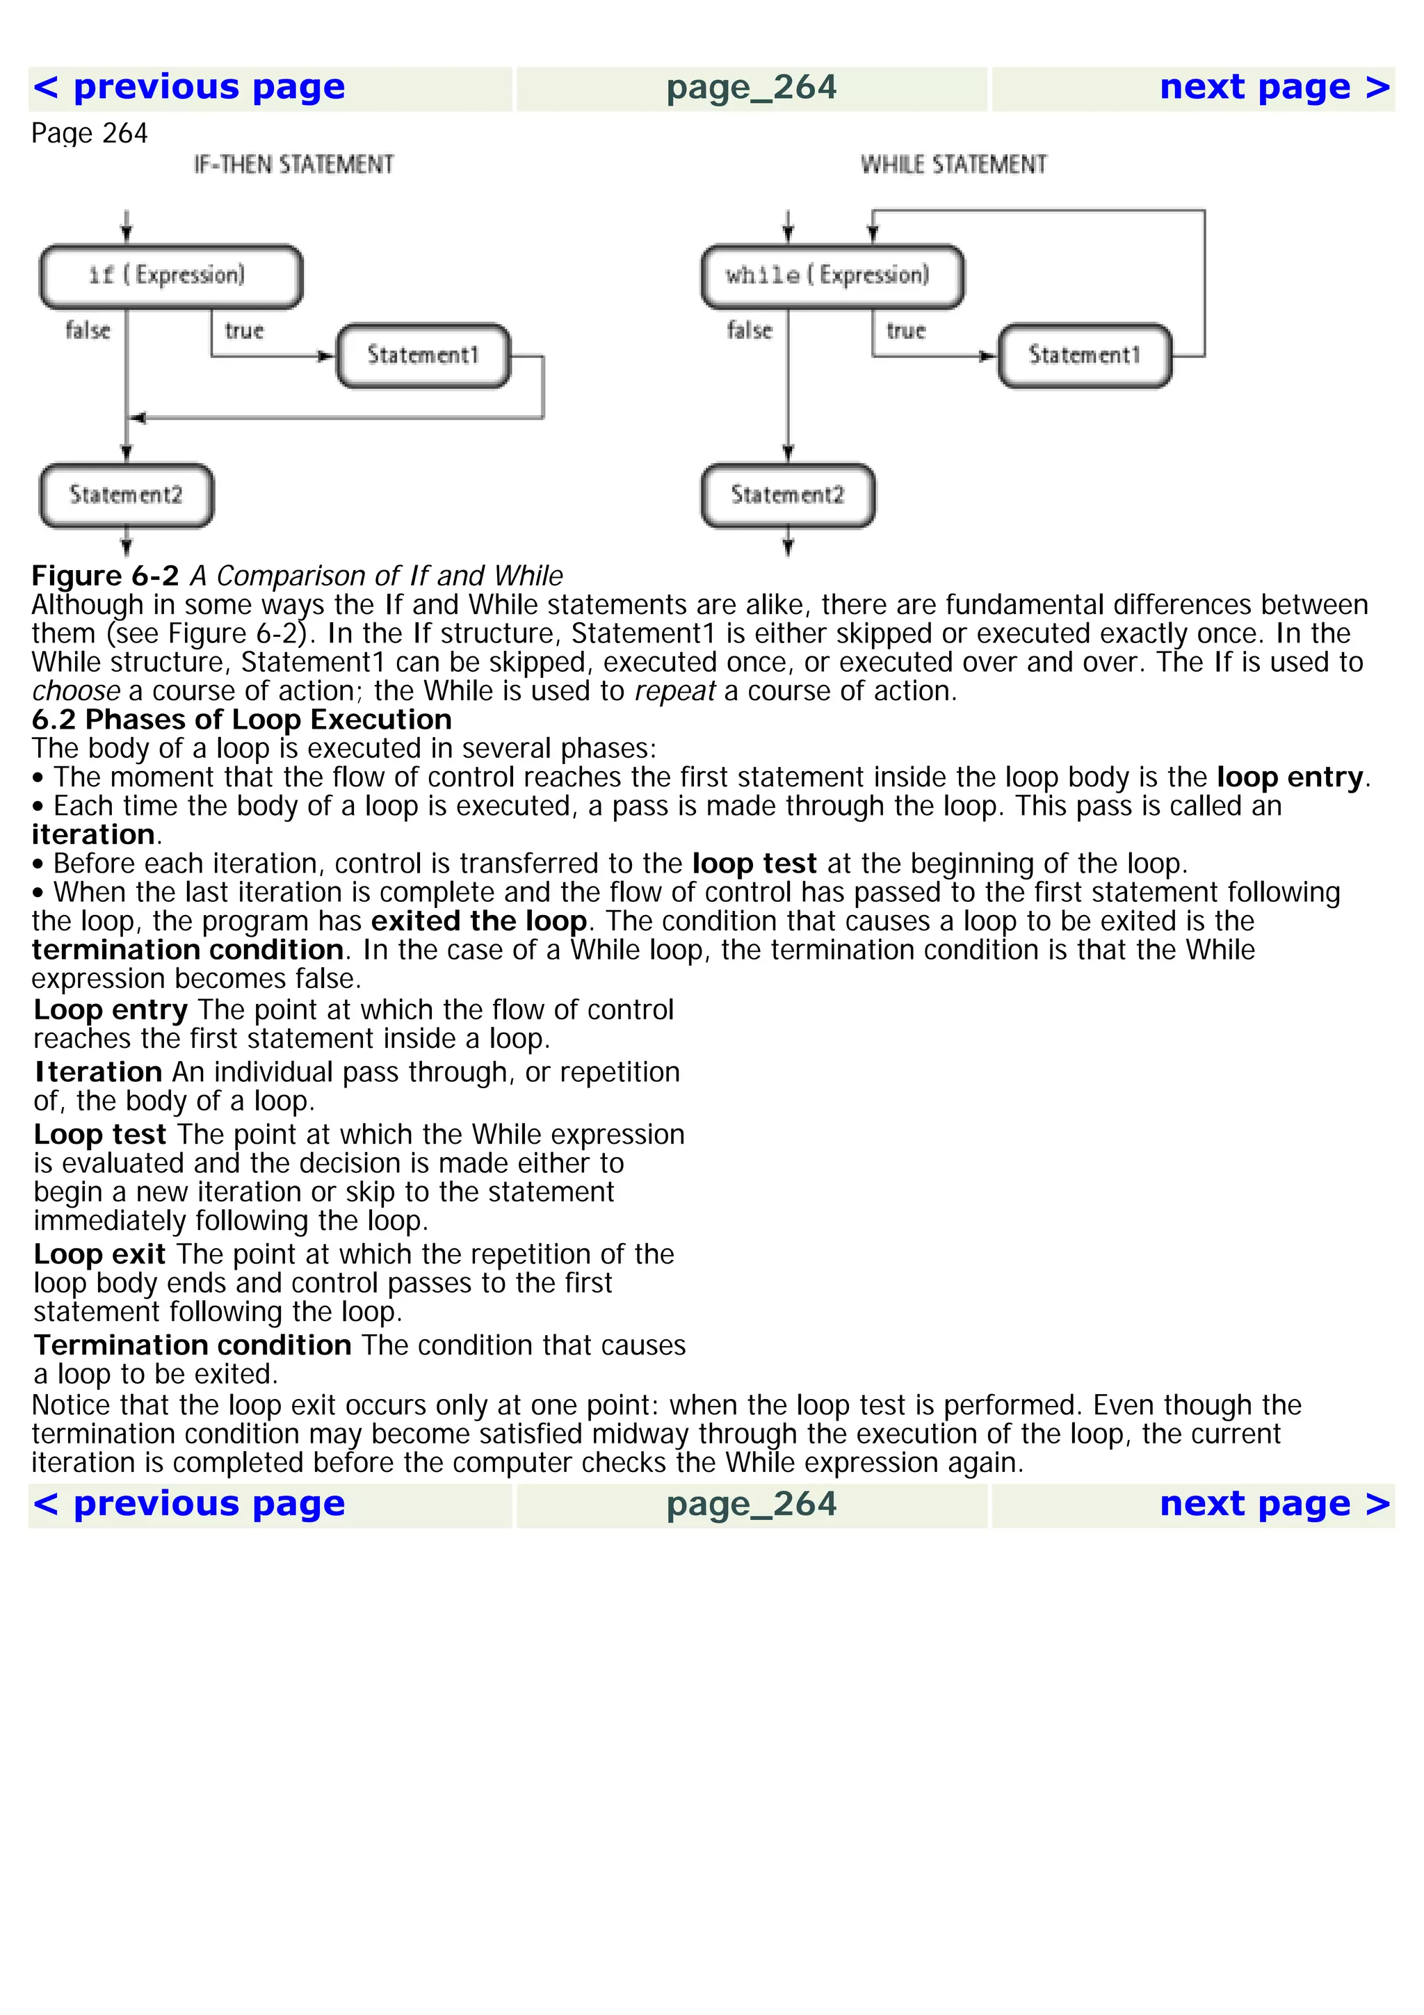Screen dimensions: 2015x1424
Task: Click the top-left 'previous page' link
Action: pyautogui.click(x=188, y=88)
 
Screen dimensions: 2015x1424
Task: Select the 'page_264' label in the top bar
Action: pyautogui.click(x=751, y=88)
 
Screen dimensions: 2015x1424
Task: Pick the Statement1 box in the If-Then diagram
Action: pyautogui.click(x=423, y=355)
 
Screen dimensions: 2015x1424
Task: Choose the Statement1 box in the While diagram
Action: pyautogui.click(x=1085, y=355)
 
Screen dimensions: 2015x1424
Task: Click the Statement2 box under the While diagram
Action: pyautogui.click(x=787, y=496)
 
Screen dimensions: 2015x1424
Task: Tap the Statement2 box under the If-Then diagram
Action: pyautogui.click(x=127, y=496)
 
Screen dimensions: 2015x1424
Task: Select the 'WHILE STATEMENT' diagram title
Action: pyautogui.click(x=954, y=165)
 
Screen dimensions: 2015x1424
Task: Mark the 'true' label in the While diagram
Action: pyautogui.click(x=905, y=332)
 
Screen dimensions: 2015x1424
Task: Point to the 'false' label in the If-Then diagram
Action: pyautogui.click(x=88, y=332)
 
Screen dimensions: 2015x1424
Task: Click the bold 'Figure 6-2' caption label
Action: pyautogui.click(x=105, y=576)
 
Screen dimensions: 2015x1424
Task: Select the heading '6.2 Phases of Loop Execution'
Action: pyautogui.click(x=241, y=720)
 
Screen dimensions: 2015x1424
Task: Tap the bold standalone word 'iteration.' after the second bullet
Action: pyautogui.click(x=94, y=836)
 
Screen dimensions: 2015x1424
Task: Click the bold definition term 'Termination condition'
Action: pyautogui.click(x=192, y=1345)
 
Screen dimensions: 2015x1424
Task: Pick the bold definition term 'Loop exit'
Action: pyautogui.click(x=99, y=1255)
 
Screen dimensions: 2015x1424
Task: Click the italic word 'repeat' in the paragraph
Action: pyautogui.click(x=674, y=693)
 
